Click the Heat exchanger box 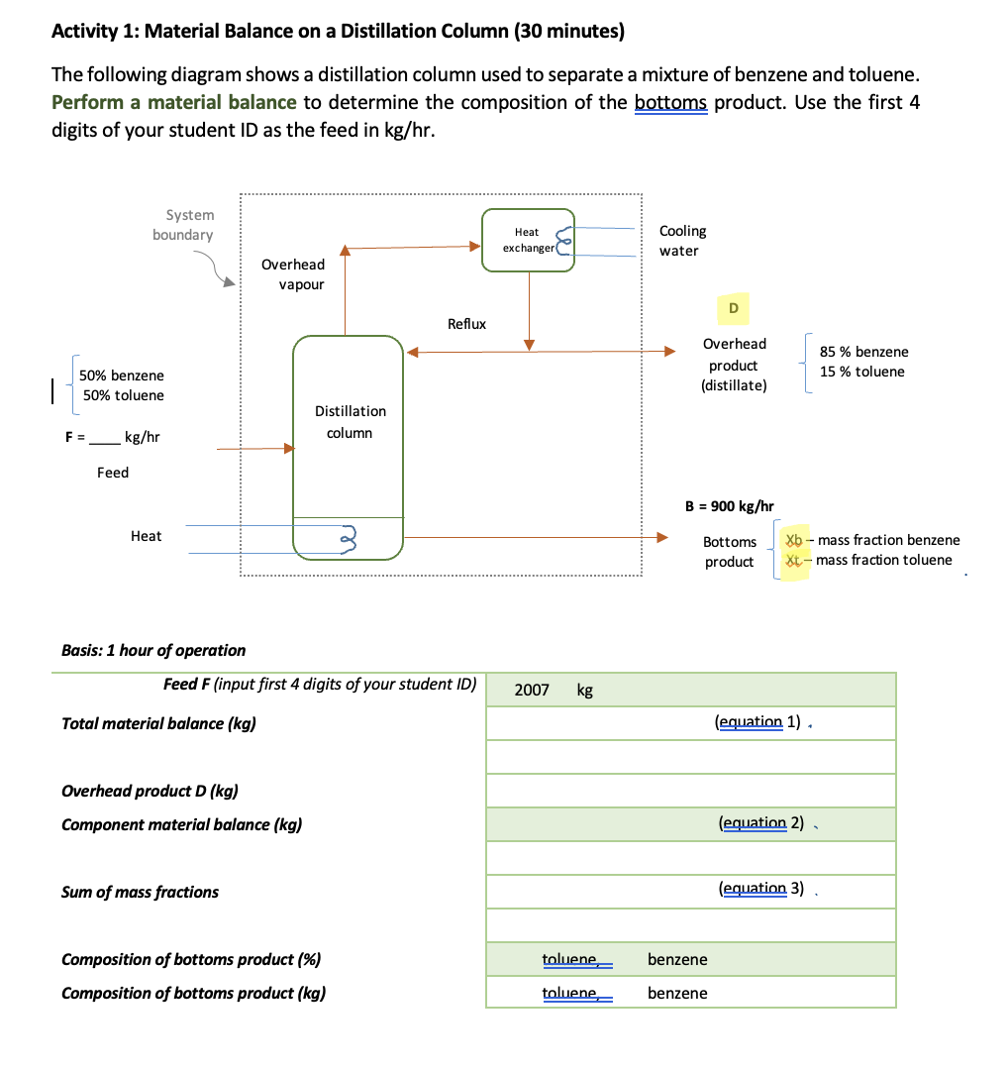[x=528, y=240]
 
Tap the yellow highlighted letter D [x=733, y=308]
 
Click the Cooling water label [x=682, y=241]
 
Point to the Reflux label [x=466, y=324]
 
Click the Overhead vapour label [x=293, y=274]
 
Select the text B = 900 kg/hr [x=730, y=506]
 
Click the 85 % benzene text [x=863, y=352]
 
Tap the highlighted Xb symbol [x=793, y=540]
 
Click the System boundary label [x=184, y=225]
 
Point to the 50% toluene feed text [x=122, y=395]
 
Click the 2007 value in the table [x=532, y=690]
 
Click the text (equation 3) [x=760, y=889]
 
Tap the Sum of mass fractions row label [x=140, y=892]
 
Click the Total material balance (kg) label [x=158, y=723]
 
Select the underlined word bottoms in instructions [x=669, y=102]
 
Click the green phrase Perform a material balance [x=173, y=102]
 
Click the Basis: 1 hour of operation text [x=153, y=650]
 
